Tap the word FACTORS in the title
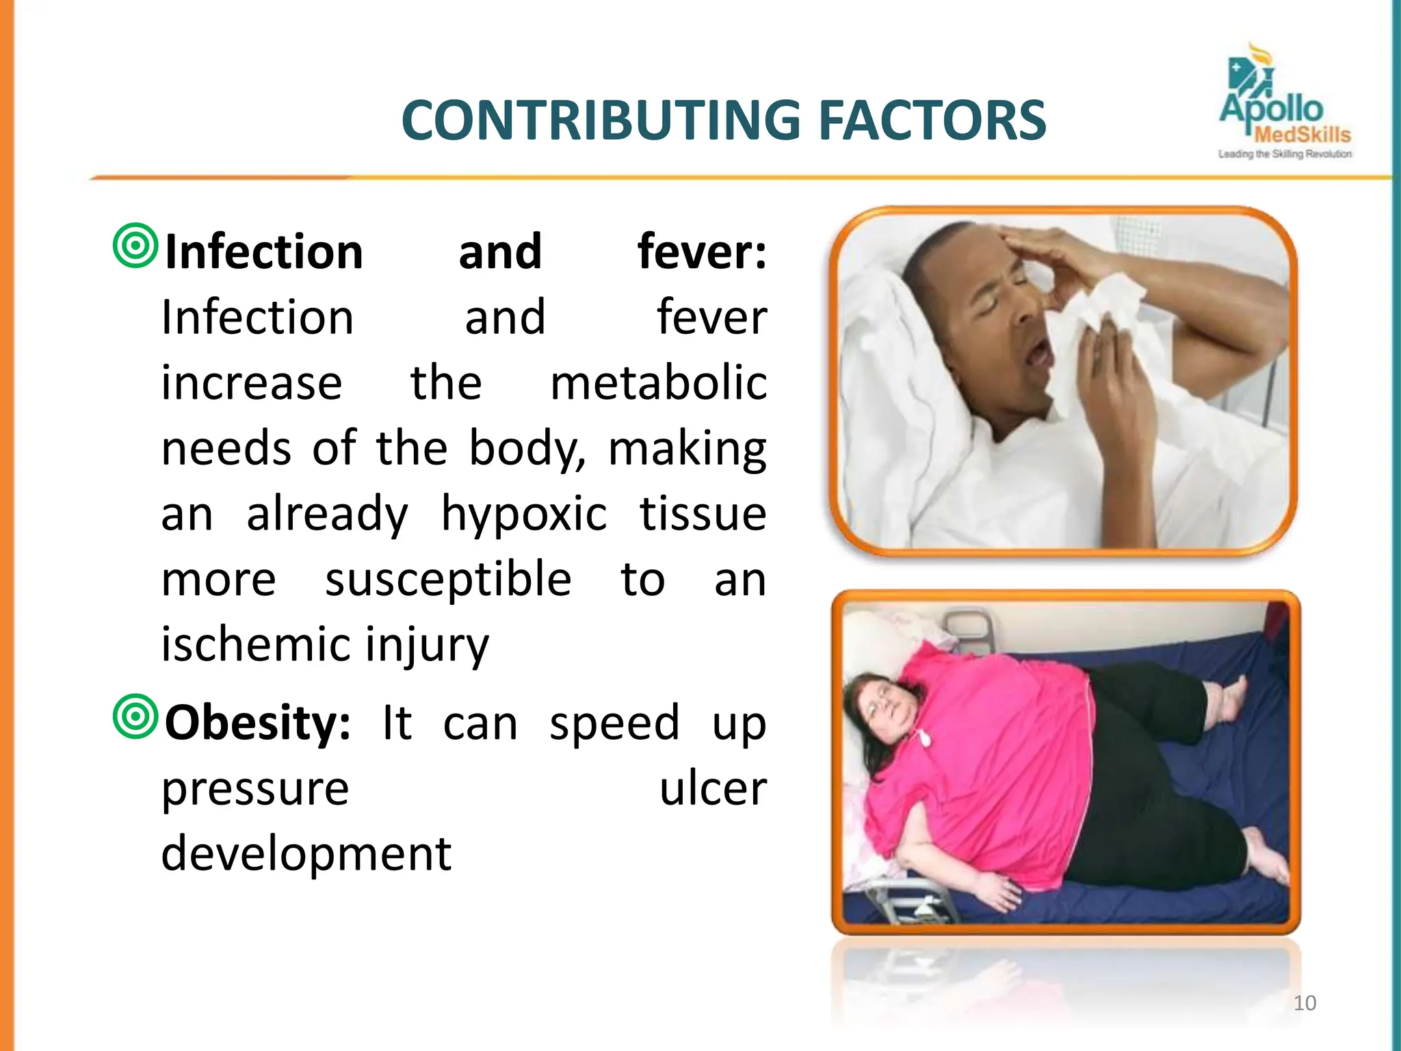click(932, 121)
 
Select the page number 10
click(1305, 1003)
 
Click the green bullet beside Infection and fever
click(135, 245)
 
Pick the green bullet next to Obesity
click(135, 716)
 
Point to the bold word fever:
click(702, 252)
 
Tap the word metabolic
click(658, 382)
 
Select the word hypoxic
click(523, 514)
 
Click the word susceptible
click(448, 579)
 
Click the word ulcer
click(713, 789)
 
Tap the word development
click(306, 855)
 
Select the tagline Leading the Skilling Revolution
click(1284, 155)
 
